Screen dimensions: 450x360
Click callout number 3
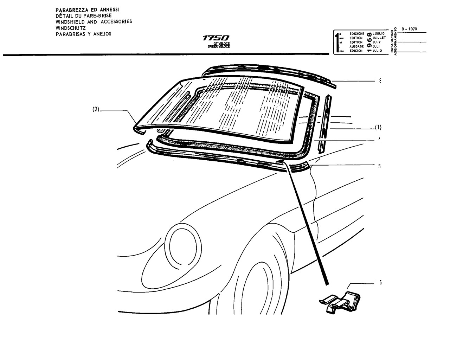pyautogui.click(x=380, y=81)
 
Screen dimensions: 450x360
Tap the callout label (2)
pyautogui.click(x=96, y=109)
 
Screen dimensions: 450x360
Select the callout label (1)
pyautogui.click(x=378, y=127)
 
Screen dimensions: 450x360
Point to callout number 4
pyautogui.click(x=380, y=139)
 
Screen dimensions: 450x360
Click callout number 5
pyautogui.click(x=380, y=166)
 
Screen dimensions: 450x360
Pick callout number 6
pyautogui.click(x=380, y=283)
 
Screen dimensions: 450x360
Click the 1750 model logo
pyautogui.click(x=216, y=38)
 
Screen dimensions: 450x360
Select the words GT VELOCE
pyautogui.click(x=221, y=44)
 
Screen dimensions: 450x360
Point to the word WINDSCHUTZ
pyautogui.click(x=71, y=28)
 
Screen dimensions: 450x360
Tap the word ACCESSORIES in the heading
pyautogui.click(x=116, y=21)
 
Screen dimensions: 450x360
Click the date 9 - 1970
pyautogui.click(x=409, y=29)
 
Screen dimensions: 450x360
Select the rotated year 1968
pyautogui.click(x=369, y=42)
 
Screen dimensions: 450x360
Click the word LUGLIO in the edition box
pyautogui.click(x=379, y=33)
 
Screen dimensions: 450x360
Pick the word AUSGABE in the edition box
pyautogui.click(x=356, y=46)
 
